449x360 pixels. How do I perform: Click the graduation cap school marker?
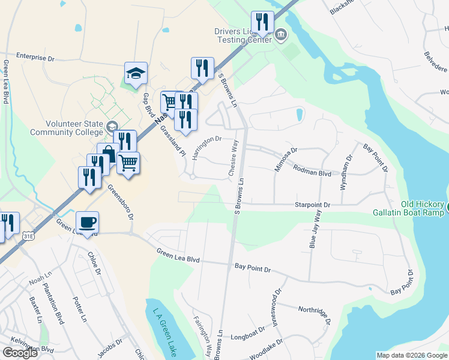[x=136, y=74]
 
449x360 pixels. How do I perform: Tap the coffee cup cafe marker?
[x=88, y=223]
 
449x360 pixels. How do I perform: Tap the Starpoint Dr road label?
[x=312, y=205]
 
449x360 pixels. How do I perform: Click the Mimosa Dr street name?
[x=286, y=160]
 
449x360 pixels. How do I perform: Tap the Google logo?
[x=20, y=353]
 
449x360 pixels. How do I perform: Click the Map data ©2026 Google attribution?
[x=411, y=355]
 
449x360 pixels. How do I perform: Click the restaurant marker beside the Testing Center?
[x=262, y=23]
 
